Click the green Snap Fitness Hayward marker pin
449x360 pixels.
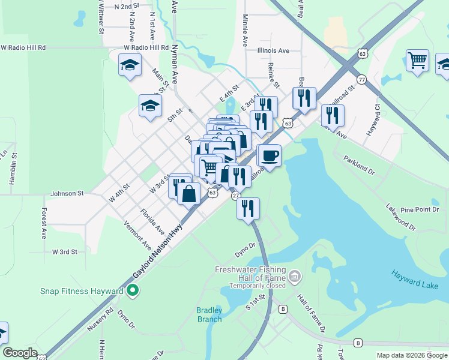pos(133,292)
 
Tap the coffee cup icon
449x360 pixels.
pos(269,156)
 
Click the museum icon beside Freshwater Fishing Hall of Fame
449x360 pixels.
pos(295,277)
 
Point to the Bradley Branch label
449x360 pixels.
pos(209,314)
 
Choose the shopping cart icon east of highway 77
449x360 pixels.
pos(417,61)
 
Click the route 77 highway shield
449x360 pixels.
pos(361,79)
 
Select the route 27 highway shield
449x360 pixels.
pos(235,196)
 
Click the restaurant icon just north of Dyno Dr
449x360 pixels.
pos(248,208)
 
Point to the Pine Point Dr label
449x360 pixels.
pos(419,209)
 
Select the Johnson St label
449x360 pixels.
pos(67,193)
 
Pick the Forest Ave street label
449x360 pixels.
pos(44,224)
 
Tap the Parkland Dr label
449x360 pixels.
pos(358,166)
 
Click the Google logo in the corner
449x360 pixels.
pos(20,353)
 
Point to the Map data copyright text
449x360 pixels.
pos(412,355)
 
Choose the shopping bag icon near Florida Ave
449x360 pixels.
pos(188,194)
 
